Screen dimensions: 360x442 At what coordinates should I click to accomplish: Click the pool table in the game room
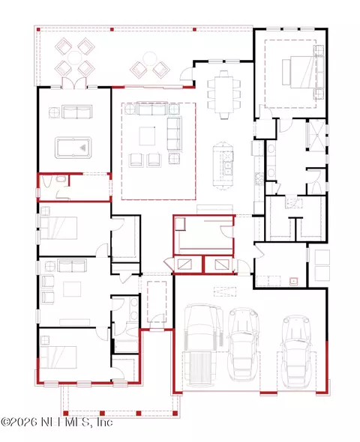pyautogui.click(x=73, y=148)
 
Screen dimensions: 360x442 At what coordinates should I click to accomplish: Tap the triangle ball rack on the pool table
pyautogui.click(x=82, y=147)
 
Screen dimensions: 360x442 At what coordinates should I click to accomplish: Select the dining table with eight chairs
pyautogui.click(x=224, y=94)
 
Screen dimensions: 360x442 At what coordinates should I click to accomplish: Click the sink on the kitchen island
pyautogui.click(x=227, y=168)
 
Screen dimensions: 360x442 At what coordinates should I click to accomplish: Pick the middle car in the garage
pyautogui.click(x=244, y=344)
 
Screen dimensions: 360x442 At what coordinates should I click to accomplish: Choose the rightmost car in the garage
pyautogui.click(x=295, y=351)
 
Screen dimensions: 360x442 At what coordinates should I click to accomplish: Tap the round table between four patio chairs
pyautogui.click(x=75, y=58)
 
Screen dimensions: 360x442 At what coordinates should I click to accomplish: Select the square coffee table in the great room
pyautogui.click(x=147, y=136)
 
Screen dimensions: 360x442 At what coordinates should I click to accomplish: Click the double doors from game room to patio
pyautogui.click(x=74, y=83)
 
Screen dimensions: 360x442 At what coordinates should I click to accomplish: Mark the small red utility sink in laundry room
pyautogui.click(x=294, y=282)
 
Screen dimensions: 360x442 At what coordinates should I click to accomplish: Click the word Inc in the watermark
pyautogui.click(x=104, y=422)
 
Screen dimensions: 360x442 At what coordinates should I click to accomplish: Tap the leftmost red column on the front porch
pyautogui.click(x=65, y=414)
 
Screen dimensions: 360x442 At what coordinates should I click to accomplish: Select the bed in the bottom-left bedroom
pyautogui.click(x=58, y=357)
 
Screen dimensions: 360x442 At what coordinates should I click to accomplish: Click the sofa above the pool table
pyautogui.click(x=77, y=112)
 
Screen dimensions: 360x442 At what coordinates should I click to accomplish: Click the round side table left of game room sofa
pyautogui.click(x=54, y=112)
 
